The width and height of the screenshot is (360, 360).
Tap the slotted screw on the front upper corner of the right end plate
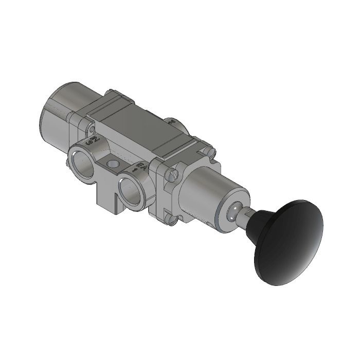[x=172, y=175]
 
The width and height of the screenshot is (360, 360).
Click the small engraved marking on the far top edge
[x=172, y=122]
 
